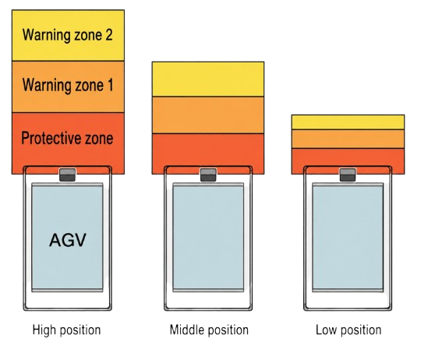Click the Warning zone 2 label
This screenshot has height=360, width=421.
[67, 35]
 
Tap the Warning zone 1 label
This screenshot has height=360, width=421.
[68, 85]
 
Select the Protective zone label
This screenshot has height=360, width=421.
[67, 139]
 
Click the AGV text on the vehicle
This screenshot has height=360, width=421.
[68, 240]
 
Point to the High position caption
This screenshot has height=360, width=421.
[66, 330]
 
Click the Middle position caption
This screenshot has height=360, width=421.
[209, 330]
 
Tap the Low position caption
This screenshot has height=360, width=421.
[348, 330]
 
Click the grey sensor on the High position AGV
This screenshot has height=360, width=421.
[67, 175]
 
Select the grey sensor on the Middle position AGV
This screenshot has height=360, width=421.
[208, 175]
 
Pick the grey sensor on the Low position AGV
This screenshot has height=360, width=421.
[348, 175]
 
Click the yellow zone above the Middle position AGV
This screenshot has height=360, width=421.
[208, 79]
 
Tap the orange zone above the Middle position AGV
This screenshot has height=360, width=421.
[208, 115]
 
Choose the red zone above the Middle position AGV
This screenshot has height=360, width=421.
[208, 150]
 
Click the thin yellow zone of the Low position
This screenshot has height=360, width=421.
[348, 122]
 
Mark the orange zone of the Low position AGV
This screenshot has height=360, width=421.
[348, 139]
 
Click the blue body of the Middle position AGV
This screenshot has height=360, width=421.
[208, 238]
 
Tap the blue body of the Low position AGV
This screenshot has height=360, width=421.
[348, 238]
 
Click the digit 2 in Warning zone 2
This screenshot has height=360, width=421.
[108, 35]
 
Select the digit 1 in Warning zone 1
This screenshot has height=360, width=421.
[111, 85]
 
